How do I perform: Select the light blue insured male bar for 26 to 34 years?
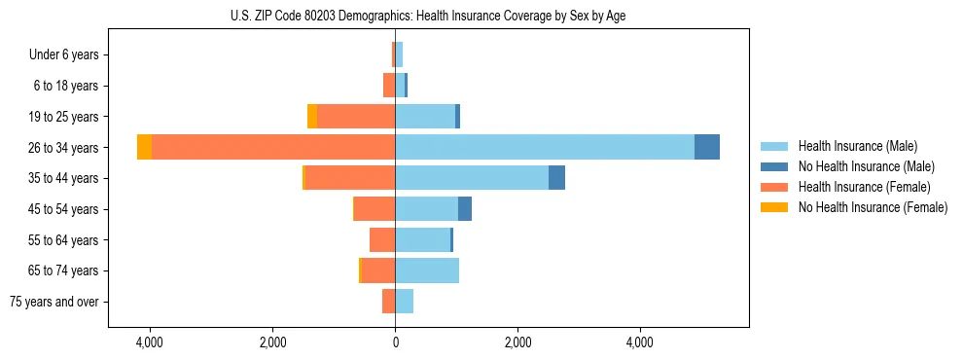click(x=545, y=147)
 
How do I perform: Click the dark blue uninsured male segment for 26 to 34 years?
click(x=707, y=147)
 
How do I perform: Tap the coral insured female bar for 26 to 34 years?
click(x=273, y=147)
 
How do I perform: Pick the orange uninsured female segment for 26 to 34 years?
click(x=144, y=147)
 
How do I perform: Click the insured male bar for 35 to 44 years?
click(x=472, y=178)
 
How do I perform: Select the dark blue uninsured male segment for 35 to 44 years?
click(x=556, y=178)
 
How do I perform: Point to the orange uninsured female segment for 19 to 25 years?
click(x=312, y=117)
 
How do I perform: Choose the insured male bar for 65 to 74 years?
click(x=427, y=270)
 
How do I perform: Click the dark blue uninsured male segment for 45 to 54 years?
click(x=465, y=209)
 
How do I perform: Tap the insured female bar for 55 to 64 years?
click(x=382, y=239)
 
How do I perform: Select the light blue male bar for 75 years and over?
click(x=405, y=302)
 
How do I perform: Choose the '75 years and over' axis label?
click(x=54, y=302)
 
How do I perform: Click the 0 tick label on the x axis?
click(x=395, y=342)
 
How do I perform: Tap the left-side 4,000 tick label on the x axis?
click(x=150, y=342)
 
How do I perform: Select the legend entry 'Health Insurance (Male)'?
click(x=857, y=146)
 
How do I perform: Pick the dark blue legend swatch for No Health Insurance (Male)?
click(x=774, y=166)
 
